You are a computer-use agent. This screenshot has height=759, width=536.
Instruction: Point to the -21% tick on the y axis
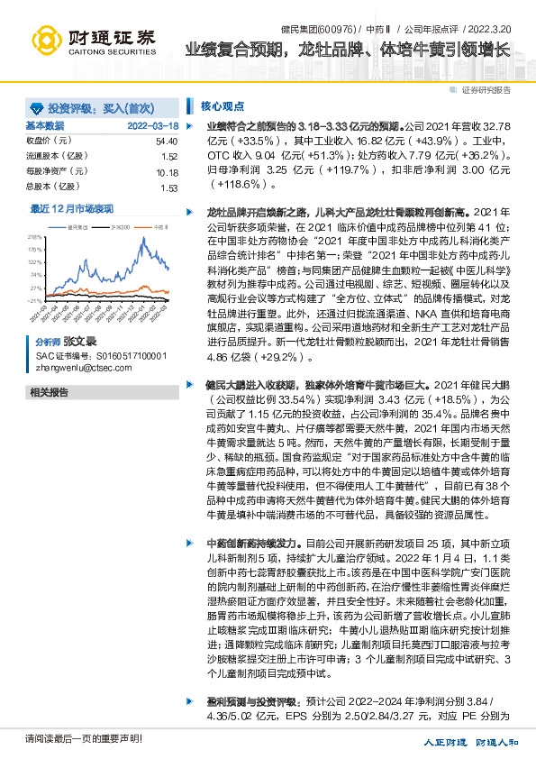(34, 300)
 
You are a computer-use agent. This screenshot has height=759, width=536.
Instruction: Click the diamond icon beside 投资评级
(37, 105)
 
